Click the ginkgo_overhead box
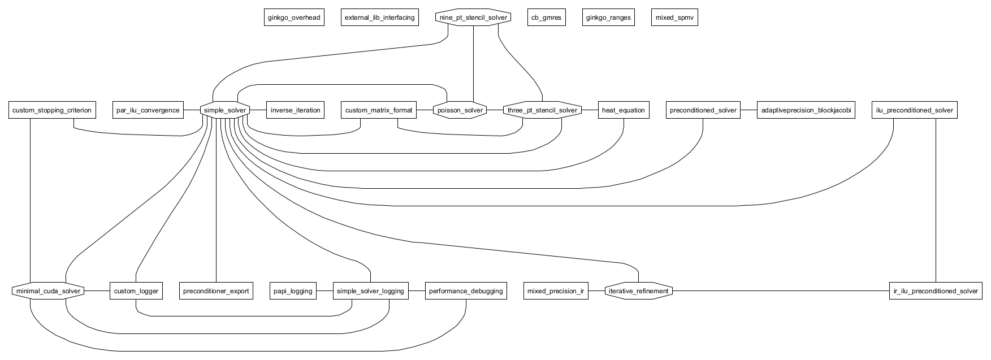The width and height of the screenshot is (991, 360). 294,18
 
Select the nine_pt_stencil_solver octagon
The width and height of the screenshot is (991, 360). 474,18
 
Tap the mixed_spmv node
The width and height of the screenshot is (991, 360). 674,18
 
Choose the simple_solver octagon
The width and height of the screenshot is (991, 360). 225,110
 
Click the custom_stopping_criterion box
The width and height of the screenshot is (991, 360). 51,110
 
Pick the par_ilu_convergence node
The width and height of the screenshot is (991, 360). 148,110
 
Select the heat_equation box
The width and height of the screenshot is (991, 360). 623,110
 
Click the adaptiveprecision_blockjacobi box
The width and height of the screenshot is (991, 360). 806,110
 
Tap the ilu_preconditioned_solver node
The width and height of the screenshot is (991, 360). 914,110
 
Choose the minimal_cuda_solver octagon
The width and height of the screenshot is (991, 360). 48,291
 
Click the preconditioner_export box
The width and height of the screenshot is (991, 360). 216,291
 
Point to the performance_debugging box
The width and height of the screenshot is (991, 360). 466,291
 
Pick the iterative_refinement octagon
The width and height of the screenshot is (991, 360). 639,291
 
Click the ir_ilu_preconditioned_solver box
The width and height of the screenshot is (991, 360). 935,291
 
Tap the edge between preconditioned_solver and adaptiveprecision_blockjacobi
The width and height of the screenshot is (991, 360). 749,110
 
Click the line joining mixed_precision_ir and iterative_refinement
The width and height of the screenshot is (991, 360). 596,291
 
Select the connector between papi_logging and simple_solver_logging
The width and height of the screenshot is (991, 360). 324,291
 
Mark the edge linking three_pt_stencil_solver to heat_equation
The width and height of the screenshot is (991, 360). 590,110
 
